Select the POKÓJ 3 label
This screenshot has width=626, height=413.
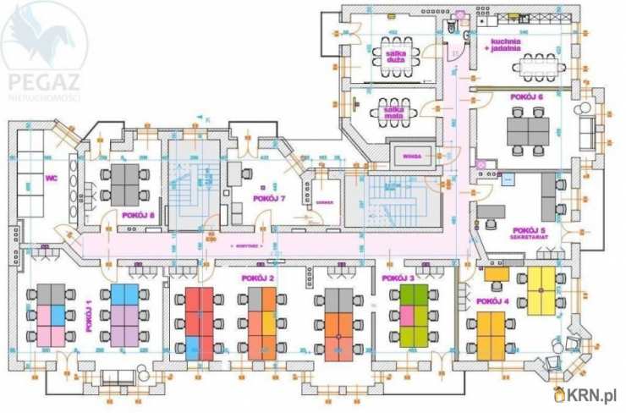pyautogui.click(x=398, y=278)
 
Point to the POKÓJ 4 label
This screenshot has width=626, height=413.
pyautogui.click(x=492, y=301)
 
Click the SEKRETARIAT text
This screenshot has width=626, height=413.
pyautogui.click(x=528, y=238)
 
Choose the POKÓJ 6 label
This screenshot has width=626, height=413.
pyautogui.click(x=527, y=97)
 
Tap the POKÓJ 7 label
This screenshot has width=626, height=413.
pyautogui.click(x=269, y=198)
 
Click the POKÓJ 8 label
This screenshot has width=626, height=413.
pyautogui.click(x=138, y=214)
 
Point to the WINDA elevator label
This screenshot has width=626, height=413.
pyautogui.click(x=412, y=155)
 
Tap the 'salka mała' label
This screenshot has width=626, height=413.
pyautogui.click(x=393, y=110)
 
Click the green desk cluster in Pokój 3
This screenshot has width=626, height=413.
pyautogui.click(x=414, y=314)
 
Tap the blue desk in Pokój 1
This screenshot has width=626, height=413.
pyautogui.click(x=124, y=295)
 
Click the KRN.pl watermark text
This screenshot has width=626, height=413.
pyautogui.click(x=594, y=395)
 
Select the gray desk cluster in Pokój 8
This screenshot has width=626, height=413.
pyautogui.click(x=124, y=180)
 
